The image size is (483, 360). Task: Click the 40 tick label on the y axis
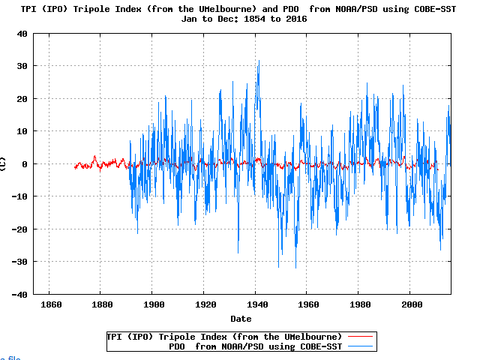(x=22, y=34)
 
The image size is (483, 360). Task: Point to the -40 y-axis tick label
(x=20, y=294)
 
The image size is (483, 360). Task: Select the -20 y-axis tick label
(x=20, y=229)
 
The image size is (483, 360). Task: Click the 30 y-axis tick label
(x=22, y=66)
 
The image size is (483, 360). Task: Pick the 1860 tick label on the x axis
(x=49, y=305)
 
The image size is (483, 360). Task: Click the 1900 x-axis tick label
(x=152, y=305)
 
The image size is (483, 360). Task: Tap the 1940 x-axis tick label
(x=256, y=305)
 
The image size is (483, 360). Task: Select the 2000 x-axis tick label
(x=411, y=305)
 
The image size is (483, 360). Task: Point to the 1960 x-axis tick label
(x=307, y=305)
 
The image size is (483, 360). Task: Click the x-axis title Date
(x=241, y=319)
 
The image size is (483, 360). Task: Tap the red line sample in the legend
(x=360, y=336)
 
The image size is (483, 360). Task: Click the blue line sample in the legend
(x=360, y=346)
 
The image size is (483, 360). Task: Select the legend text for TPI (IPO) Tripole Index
(x=225, y=336)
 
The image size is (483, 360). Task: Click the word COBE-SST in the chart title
(x=436, y=8)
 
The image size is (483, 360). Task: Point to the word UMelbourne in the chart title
(x=223, y=8)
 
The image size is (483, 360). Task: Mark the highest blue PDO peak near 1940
(x=259, y=61)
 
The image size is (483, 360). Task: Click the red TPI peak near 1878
(x=94, y=156)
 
